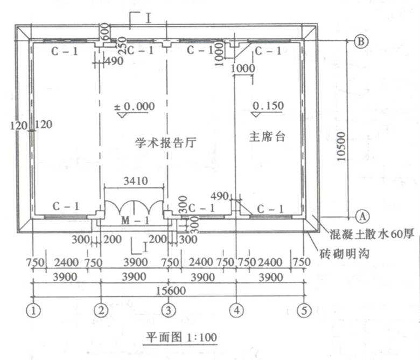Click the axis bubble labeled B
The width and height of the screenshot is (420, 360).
(361, 41)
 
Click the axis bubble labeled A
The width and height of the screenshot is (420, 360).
(362, 216)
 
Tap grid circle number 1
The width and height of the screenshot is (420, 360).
(33, 311)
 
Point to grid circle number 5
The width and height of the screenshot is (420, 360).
(304, 310)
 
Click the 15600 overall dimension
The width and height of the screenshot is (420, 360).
(171, 290)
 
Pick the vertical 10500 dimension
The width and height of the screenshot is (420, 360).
(341, 147)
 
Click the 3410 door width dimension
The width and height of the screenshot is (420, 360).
(136, 181)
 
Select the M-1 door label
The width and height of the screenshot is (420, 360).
(135, 220)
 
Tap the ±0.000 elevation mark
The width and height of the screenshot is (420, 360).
(135, 107)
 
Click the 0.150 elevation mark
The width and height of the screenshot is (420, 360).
(268, 106)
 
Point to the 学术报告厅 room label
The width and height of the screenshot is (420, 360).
(166, 143)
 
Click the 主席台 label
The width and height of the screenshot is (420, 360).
(267, 136)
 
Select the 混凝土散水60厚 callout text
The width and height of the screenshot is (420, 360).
(372, 234)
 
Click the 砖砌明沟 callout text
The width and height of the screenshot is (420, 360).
(345, 254)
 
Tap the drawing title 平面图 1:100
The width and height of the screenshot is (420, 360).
(181, 337)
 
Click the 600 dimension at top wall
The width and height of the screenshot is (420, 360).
(105, 31)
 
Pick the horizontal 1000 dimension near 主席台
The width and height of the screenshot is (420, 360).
(243, 68)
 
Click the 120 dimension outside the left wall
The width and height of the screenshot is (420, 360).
(19, 126)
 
